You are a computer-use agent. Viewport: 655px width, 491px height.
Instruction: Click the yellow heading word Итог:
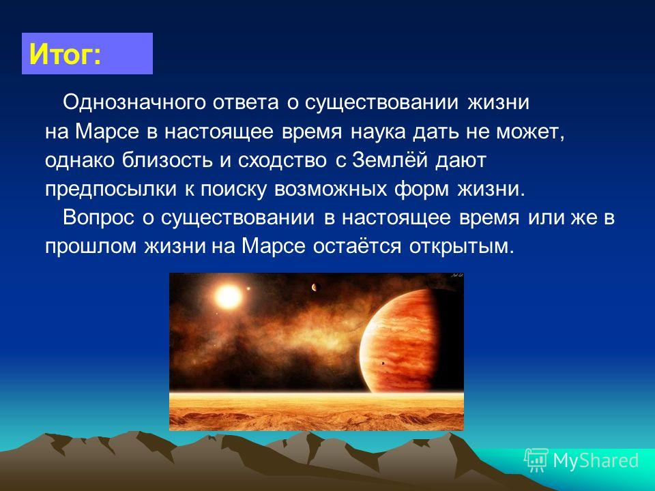pos(65,55)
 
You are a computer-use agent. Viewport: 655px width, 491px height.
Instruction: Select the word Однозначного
pos(134,102)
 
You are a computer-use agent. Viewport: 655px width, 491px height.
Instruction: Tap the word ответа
pos(245,103)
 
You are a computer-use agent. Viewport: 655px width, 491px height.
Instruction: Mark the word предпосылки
pos(111,189)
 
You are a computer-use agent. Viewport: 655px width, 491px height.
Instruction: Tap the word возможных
pos(330,190)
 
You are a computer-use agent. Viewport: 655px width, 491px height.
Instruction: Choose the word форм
pos(422,189)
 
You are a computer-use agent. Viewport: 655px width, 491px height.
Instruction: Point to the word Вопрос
pos(98,218)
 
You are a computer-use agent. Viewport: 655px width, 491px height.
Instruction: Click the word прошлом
pos(91,246)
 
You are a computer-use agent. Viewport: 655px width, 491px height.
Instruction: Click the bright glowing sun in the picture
pos(229,297)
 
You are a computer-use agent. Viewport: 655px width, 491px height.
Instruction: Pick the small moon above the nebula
pos(316,287)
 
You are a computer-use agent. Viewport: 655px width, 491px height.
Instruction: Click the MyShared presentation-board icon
pos(536,460)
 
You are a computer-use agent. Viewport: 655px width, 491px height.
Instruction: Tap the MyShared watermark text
pos(596,460)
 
